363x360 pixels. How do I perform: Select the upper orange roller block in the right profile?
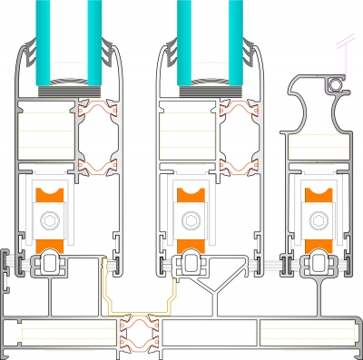point(319,194)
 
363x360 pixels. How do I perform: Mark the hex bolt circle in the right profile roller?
point(319,219)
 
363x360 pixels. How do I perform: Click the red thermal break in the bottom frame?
point(138,331)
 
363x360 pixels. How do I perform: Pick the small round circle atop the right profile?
point(337,84)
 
